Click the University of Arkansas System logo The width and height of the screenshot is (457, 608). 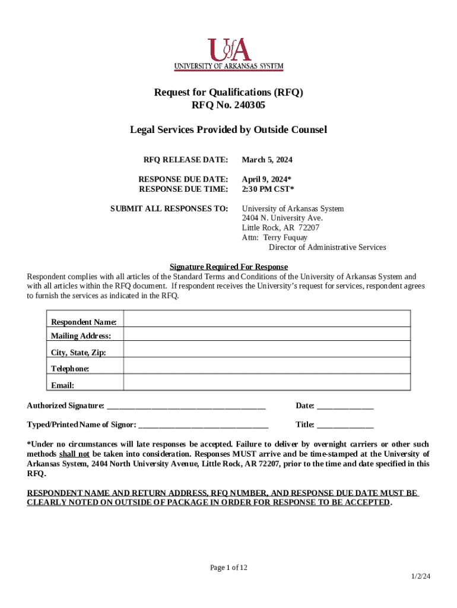228,54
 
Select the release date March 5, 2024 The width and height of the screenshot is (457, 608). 267,160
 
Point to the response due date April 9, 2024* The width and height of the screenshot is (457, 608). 266,179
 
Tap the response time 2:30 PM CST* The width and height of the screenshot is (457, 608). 268,189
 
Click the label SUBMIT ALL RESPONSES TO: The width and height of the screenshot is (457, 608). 169,209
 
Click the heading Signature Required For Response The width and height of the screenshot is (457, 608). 228,267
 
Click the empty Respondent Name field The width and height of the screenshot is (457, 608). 266,319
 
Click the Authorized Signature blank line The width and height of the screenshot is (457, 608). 186,407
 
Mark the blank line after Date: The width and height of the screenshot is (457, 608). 345,407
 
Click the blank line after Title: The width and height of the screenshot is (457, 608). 345,426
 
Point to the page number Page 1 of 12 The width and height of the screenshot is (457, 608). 228,568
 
